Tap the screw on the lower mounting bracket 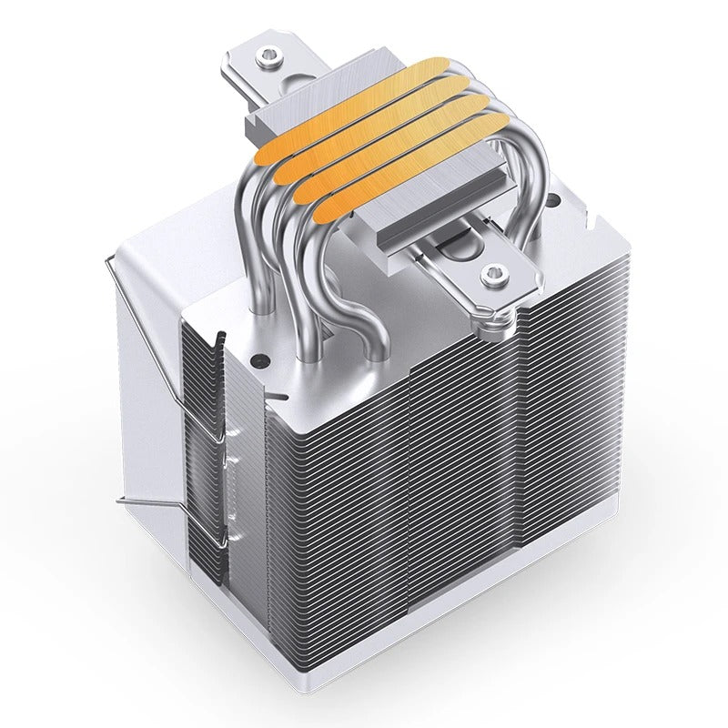click(x=494, y=271)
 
